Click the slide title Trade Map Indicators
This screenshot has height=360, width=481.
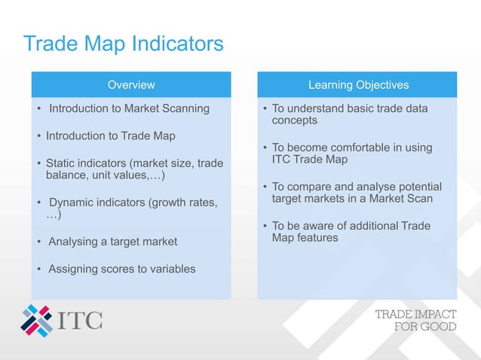[x=123, y=44]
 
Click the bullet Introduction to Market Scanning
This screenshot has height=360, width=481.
[x=129, y=108]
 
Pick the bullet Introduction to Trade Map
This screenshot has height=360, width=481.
[x=110, y=136]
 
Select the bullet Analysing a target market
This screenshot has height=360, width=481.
[x=112, y=242]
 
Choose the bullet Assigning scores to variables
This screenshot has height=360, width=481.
[x=121, y=269]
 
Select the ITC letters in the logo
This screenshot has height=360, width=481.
[x=81, y=320]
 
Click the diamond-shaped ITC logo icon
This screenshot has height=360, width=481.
[x=36, y=320]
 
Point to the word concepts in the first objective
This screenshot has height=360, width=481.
[x=295, y=121]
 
